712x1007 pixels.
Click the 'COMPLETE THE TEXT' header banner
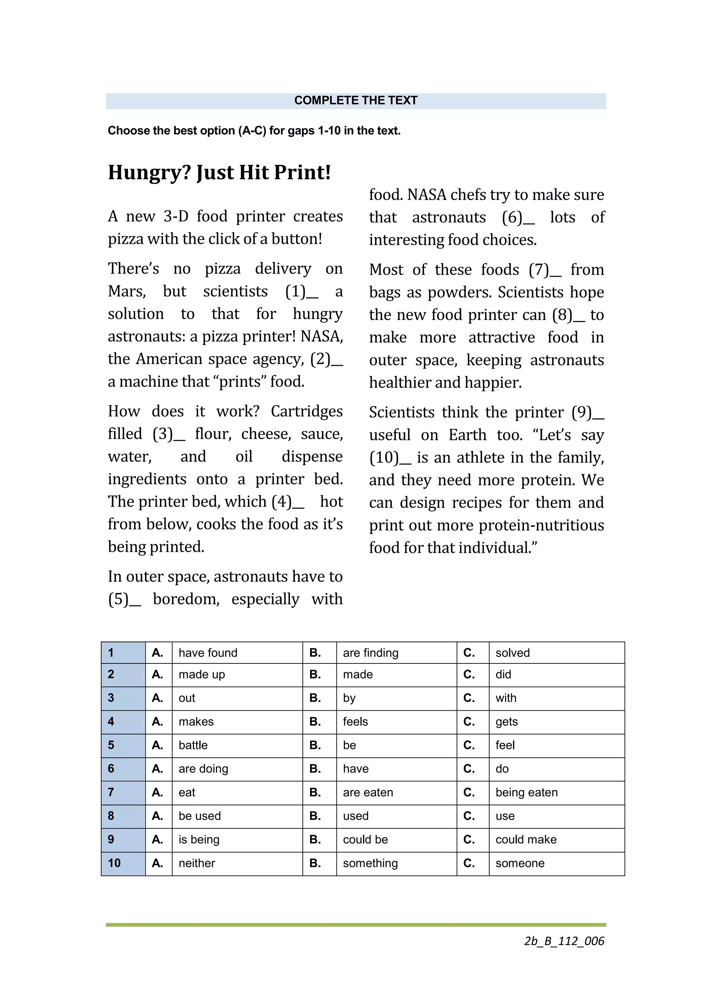point(356,100)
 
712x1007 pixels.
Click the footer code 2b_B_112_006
point(564,941)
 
